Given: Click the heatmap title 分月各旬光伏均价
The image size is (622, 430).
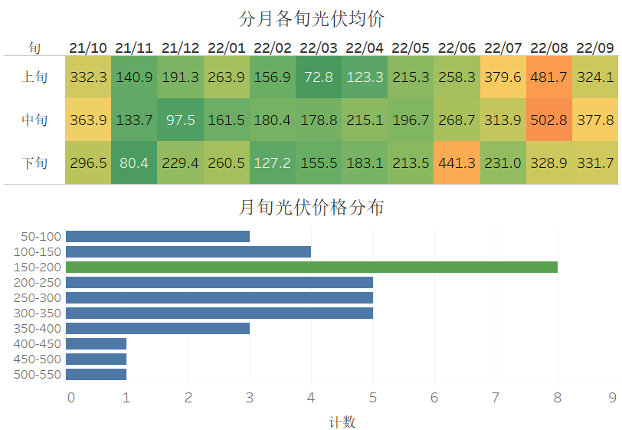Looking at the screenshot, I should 311,18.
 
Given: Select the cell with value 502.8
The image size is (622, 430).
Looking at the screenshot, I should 549,120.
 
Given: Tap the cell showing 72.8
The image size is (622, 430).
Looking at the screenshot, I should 319,77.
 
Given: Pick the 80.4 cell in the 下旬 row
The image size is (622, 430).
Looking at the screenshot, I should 134,162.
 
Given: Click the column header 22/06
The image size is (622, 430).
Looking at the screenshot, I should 457,48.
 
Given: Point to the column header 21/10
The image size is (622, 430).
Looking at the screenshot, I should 88,48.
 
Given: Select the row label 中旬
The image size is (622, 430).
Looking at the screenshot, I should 34,120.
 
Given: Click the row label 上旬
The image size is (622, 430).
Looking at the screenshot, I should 34,77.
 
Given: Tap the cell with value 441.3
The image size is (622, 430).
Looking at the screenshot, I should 457,162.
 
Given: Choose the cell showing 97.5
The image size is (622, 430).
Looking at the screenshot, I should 180,120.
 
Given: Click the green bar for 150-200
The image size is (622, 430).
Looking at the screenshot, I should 311,267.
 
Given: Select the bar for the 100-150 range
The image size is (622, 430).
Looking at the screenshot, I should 188,251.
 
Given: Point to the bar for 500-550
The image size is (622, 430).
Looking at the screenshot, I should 97,374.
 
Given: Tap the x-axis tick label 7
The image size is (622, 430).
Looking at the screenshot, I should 496,397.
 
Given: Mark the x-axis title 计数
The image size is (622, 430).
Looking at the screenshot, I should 342,422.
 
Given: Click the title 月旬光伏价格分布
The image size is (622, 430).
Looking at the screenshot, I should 311,207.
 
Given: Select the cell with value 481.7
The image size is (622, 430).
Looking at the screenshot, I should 549,77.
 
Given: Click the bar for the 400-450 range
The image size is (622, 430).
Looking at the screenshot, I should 97,343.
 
